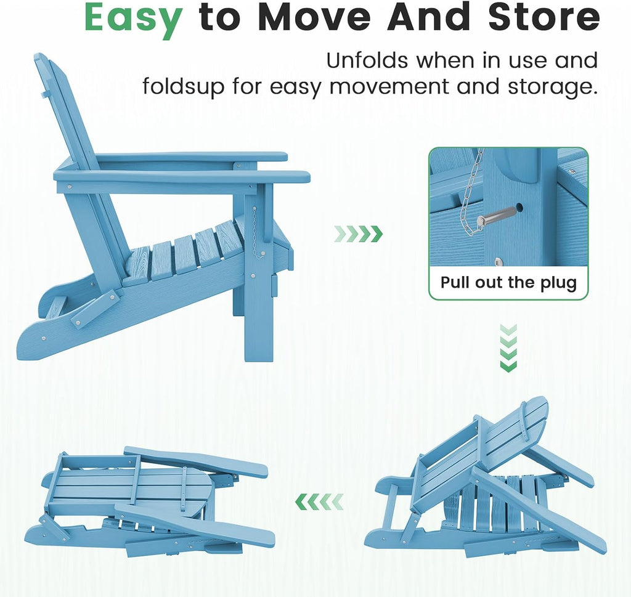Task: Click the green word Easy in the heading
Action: click(x=133, y=18)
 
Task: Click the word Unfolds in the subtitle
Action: click(x=367, y=61)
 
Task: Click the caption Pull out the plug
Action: click(x=508, y=283)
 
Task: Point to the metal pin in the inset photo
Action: click(x=497, y=216)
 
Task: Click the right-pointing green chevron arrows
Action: click(x=358, y=234)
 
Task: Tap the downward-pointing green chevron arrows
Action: click(x=508, y=348)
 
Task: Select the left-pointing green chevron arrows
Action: click(x=320, y=502)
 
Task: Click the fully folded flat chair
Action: click(x=149, y=503)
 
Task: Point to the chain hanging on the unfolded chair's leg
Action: click(x=256, y=234)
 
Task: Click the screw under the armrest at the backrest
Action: click(x=70, y=187)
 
